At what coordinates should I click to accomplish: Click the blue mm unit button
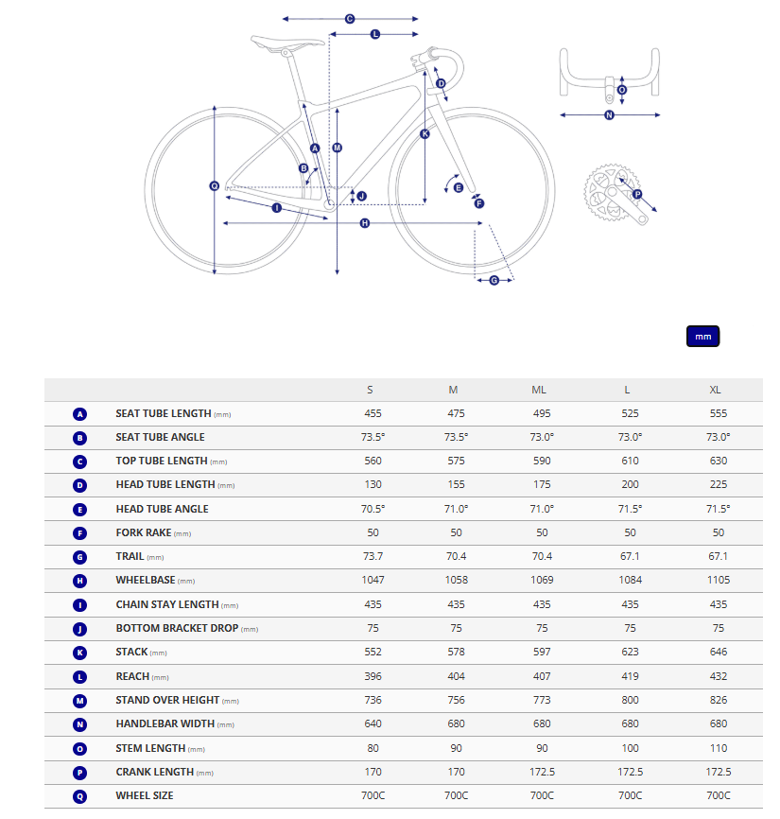click(702, 337)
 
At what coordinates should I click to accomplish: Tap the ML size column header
click(539, 390)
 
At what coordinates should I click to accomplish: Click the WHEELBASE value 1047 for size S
click(373, 580)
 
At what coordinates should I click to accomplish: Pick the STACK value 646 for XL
click(719, 652)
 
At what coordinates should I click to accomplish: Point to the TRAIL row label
click(130, 556)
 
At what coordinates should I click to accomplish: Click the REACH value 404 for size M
click(454, 676)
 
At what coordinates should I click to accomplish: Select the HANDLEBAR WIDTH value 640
click(373, 723)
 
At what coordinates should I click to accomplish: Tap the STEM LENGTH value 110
click(719, 748)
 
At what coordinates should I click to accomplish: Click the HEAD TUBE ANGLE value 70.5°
click(373, 509)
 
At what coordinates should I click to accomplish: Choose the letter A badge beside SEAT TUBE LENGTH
click(79, 413)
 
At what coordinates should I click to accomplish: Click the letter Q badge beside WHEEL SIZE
click(79, 795)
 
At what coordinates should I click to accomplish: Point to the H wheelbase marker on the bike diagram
click(365, 223)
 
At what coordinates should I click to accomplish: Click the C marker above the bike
click(349, 19)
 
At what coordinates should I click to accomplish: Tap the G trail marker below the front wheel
click(494, 279)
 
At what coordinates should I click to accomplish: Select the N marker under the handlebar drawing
click(609, 115)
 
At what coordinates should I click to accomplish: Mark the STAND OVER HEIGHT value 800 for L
click(630, 700)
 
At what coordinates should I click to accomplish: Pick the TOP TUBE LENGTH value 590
click(539, 461)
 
